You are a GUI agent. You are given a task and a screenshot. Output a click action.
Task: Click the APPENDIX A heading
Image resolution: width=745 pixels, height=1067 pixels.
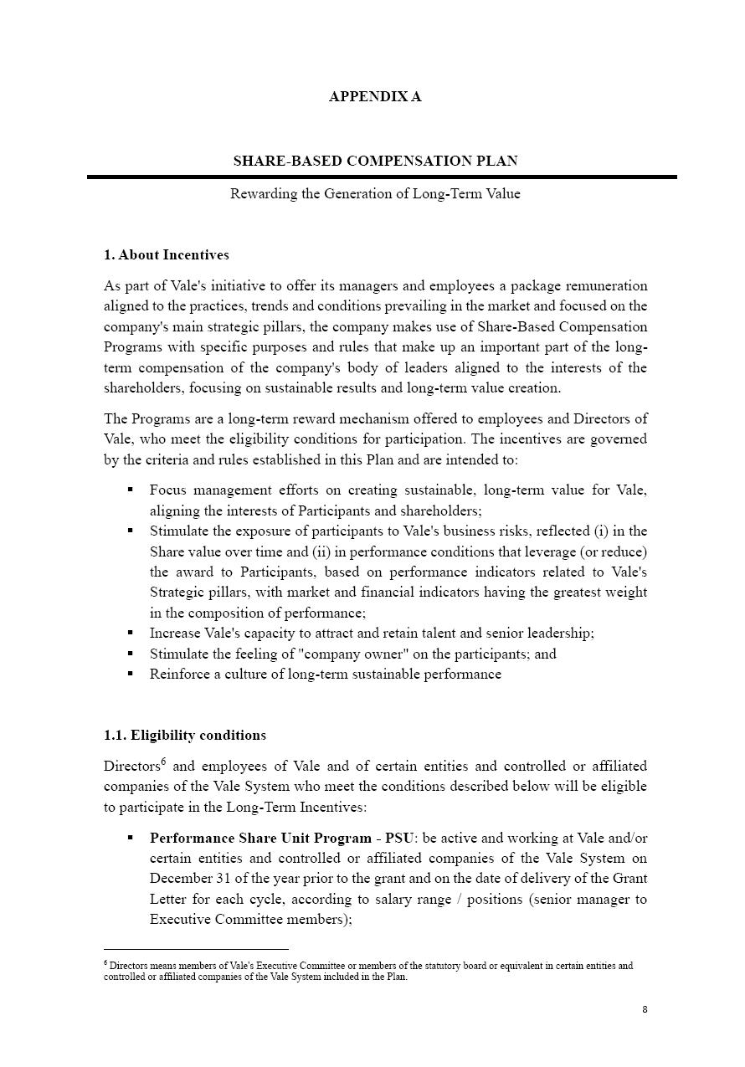374,96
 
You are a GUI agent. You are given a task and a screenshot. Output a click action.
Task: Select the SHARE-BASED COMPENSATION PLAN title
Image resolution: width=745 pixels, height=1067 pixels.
375,161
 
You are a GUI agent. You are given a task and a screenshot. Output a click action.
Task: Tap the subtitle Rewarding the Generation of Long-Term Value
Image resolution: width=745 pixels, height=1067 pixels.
375,194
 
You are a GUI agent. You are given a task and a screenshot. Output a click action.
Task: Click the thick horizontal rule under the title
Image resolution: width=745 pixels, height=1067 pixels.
382,177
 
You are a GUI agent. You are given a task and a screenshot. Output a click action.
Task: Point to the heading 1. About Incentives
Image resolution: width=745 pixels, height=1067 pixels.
166,254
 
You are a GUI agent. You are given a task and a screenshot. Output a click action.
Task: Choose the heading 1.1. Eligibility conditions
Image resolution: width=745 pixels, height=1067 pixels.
184,735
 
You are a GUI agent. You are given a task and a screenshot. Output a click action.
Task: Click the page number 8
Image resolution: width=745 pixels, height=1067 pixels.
645,1009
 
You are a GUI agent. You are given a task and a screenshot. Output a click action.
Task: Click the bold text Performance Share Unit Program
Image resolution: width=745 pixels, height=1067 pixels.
259,838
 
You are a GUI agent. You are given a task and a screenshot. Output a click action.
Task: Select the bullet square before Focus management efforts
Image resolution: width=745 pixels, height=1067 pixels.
131,490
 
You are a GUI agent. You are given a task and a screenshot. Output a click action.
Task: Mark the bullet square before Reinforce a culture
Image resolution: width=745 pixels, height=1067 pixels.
131,674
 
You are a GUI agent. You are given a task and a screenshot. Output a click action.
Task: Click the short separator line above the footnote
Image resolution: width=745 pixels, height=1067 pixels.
196,950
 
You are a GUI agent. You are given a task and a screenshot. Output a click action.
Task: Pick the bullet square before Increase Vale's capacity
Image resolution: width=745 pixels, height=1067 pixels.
131,633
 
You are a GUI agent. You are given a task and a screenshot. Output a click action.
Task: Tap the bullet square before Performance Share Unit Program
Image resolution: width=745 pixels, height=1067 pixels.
131,838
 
